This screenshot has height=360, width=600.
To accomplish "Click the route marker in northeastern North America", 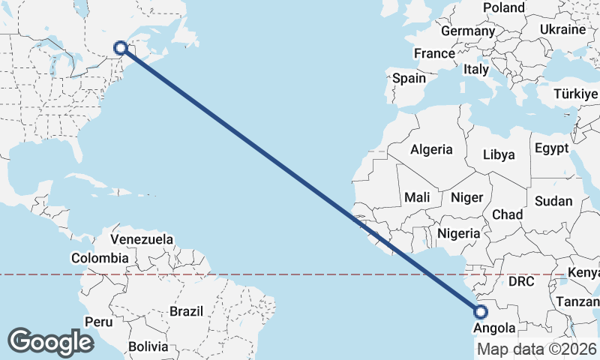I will [x=120, y=48].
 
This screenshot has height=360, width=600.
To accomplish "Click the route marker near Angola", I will [x=481, y=312].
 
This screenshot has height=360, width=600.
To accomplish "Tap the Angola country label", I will [x=494, y=328].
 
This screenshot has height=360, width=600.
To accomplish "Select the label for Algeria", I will [x=431, y=149].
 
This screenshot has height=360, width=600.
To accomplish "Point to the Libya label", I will [x=499, y=155].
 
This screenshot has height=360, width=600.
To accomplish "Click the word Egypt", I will [x=551, y=148].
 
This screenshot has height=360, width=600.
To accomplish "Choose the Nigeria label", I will [x=458, y=233].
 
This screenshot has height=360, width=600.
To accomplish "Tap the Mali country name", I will [x=416, y=197].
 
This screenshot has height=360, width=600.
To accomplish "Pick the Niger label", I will [x=465, y=197].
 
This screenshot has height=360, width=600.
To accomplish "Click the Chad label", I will [x=507, y=214].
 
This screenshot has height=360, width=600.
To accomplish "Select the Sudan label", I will [x=553, y=201].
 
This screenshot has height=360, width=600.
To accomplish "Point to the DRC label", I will [x=520, y=282].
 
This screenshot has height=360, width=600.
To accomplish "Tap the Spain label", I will [x=409, y=78].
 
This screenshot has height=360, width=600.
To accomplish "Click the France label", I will [x=434, y=54].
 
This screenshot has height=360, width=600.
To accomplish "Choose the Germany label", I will [x=468, y=31].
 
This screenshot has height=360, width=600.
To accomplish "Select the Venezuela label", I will [x=142, y=240].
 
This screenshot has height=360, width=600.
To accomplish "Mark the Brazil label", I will [x=187, y=310].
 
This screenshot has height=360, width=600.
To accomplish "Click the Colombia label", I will [x=100, y=258].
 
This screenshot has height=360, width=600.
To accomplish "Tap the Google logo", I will [x=51, y=342].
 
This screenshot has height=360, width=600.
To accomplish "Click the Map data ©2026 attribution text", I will [x=536, y=349].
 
